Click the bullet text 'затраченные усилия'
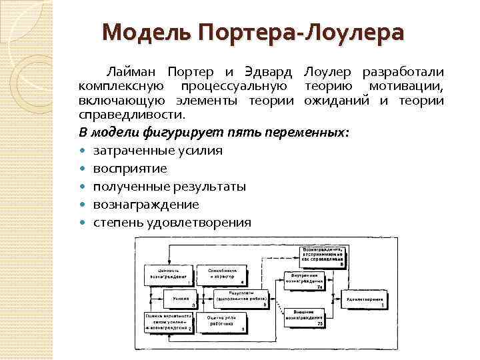pos(158,150)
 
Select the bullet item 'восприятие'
pos(130,168)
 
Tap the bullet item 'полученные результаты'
pos(169,186)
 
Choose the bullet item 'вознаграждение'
pos(146,204)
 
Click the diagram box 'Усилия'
pos(170,298)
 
